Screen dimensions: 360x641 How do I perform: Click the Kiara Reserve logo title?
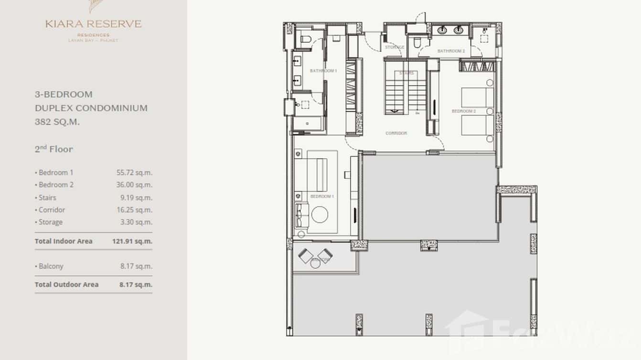tap(94, 24)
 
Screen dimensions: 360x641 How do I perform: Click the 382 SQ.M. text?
tap(57, 122)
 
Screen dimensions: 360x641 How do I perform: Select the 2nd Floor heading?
tap(53, 149)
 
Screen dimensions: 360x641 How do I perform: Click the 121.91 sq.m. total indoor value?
tap(132, 242)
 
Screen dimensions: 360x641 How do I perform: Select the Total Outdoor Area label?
tap(66, 285)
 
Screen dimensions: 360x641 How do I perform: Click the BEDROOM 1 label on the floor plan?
tap(322, 196)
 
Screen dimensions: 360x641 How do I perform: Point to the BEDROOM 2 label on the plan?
tap(464, 111)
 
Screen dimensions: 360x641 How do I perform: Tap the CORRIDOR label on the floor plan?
tap(396, 133)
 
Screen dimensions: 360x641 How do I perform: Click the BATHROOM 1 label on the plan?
tap(323, 71)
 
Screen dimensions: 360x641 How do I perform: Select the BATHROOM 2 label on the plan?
tap(451, 51)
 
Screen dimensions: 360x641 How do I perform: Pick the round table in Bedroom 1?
tap(320, 214)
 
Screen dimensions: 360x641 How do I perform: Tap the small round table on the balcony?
tap(315, 263)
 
